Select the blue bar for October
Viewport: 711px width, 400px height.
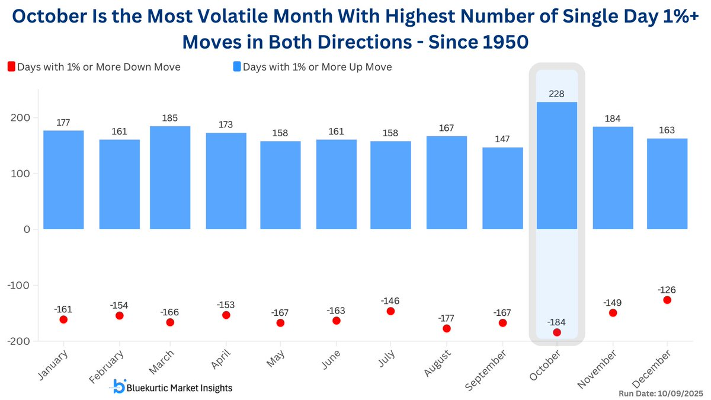pos(557,166)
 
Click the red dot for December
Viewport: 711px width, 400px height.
pos(667,300)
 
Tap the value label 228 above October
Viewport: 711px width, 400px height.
pos(557,95)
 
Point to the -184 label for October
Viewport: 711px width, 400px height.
pos(557,321)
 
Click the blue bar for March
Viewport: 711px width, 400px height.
pos(170,178)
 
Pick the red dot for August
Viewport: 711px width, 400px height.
pos(447,328)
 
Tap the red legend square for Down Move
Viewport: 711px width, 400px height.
pos(11,67)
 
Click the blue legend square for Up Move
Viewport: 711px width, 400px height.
pos(236,67)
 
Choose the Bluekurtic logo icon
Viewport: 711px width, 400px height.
pos(119,388)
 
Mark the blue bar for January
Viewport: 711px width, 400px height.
pos(63,180)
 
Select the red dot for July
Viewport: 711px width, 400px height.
pos(390,311)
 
